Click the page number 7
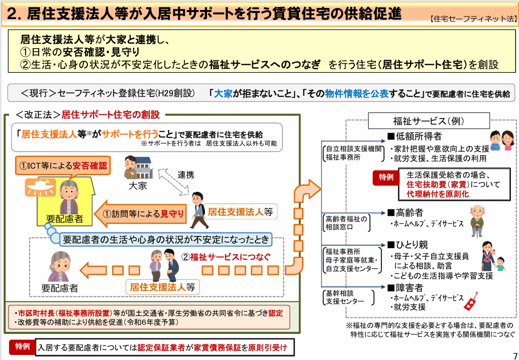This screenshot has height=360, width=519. pos(514,354)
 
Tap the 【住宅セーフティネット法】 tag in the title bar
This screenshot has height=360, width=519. pos(474,19)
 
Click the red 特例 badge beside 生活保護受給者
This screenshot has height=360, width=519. pos(386,177)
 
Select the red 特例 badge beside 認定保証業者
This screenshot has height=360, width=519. pos(22,347)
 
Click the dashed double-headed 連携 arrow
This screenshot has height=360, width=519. pos(173,181)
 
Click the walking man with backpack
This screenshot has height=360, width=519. pos(199,210)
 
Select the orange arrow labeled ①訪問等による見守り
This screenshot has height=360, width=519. pos(140,214)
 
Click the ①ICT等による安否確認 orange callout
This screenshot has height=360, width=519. pos(63,166)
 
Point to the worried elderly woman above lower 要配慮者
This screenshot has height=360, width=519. pos(59,267)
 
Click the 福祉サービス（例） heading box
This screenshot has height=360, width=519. pos(429,121)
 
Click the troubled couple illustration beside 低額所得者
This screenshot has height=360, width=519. pos(502,141)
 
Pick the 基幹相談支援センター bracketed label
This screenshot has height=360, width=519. pos(348,297)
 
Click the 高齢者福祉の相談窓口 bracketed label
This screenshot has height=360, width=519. pos(346,223)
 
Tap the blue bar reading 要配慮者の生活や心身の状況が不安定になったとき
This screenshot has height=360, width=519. pos(166,239)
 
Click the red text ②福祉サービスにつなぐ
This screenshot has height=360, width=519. pos(226,257)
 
